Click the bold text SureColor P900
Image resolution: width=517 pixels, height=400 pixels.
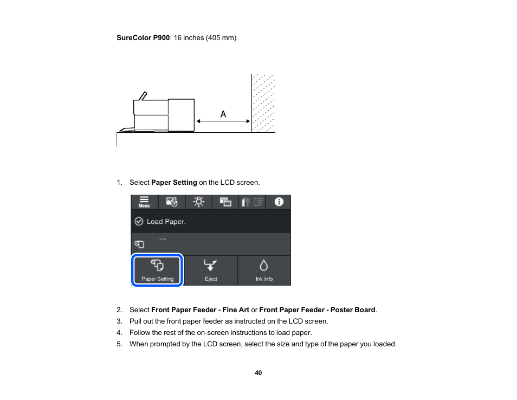pos(143,38)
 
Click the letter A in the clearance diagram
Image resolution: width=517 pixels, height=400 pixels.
pos(223,114)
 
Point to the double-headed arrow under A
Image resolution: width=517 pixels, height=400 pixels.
pos(223,122)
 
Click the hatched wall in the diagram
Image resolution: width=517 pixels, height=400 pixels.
pos(263,103)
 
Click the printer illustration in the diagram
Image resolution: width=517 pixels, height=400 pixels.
pos(163,115)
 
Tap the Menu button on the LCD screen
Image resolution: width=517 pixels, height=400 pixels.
pos(144,202)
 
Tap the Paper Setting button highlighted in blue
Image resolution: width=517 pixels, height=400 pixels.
pos(158,270)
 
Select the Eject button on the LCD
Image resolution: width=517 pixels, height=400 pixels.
pos(211,270)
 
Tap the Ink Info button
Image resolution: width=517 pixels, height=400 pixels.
pos(264,270)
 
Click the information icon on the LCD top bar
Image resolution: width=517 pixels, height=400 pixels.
pos(279,202)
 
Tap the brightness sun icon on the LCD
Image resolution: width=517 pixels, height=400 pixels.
pos(199,202)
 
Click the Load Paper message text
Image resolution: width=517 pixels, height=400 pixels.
pos(166,222)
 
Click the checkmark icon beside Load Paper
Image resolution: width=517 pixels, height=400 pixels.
pos(139,222)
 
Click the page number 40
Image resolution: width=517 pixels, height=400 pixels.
pos(258,373)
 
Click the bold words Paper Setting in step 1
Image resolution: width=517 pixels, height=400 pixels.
pos(174,183)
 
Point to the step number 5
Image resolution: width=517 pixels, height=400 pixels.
pos(119,344)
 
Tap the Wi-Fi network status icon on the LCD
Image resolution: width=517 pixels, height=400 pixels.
pos(259,202)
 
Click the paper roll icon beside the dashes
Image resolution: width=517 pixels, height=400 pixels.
pos(139,244)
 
